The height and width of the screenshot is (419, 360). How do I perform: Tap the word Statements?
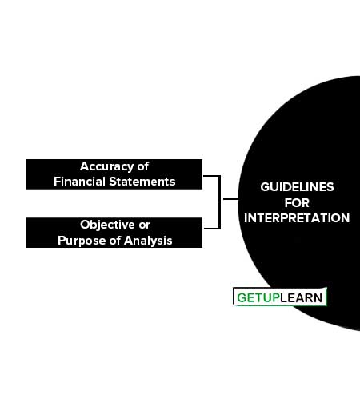click(x=142, y=182)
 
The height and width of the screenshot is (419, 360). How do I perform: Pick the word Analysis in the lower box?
click(x=148, y=241)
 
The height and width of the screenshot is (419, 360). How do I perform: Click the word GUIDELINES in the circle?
click(x=297, y=187)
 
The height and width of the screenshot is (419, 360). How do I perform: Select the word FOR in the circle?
click(x=297, y=203)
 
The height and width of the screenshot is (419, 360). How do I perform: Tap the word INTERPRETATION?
click(x=297, y=218)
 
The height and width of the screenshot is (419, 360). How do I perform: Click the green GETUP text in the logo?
click(x=258, y=298)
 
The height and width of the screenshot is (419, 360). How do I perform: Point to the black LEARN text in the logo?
click(x=302, y=298)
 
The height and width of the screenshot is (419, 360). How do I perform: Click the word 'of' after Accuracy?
click(x=142, y=166)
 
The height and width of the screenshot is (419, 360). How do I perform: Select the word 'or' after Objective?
click(x=144, y=225)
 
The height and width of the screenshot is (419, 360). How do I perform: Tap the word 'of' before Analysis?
click(x=115, y=241)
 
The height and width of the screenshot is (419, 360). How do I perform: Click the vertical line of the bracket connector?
click(x=220, y=202)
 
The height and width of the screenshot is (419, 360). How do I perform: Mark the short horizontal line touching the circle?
click(x=231, y=199)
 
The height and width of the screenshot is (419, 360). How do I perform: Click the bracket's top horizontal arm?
click(x=212, y=176)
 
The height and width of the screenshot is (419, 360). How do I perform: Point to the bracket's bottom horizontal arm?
click(x=212, y=229)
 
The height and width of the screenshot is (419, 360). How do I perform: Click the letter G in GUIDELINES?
click(x=265, y=187)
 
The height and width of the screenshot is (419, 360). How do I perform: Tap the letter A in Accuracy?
click(x=85, y=166)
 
